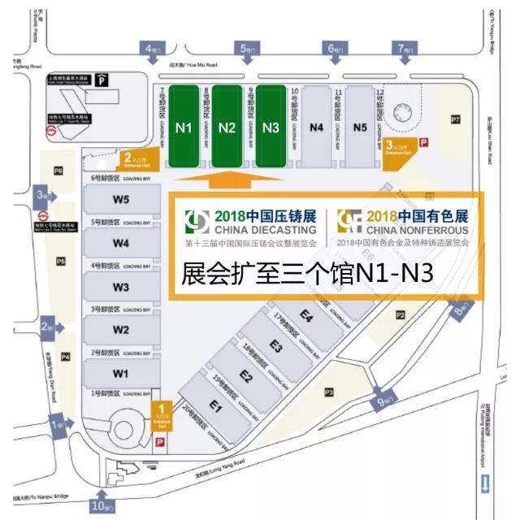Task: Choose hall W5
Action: tap(121, 200)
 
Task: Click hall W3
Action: tap(121, 286)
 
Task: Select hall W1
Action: tap(121, 373)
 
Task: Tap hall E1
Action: tap(216, 405)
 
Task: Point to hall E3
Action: tap(275, 346)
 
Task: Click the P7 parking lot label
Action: tap(456, 119)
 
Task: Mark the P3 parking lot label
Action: tap(329, 392)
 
